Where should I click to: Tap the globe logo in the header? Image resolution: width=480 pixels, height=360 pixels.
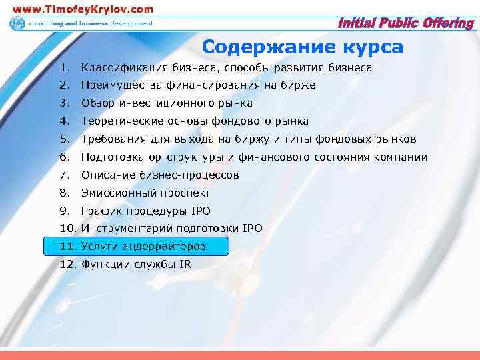tap(16, 23)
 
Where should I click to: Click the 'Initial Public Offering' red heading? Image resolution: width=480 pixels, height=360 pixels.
tap(406, 24)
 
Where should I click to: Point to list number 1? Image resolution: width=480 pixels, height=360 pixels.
tap(63, 68)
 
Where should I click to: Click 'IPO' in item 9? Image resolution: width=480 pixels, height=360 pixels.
tap(199, 211)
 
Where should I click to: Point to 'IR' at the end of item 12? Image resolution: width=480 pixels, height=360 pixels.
tap(184, 265)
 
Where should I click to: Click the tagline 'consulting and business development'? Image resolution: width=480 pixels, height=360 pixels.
tap(90, 23)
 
